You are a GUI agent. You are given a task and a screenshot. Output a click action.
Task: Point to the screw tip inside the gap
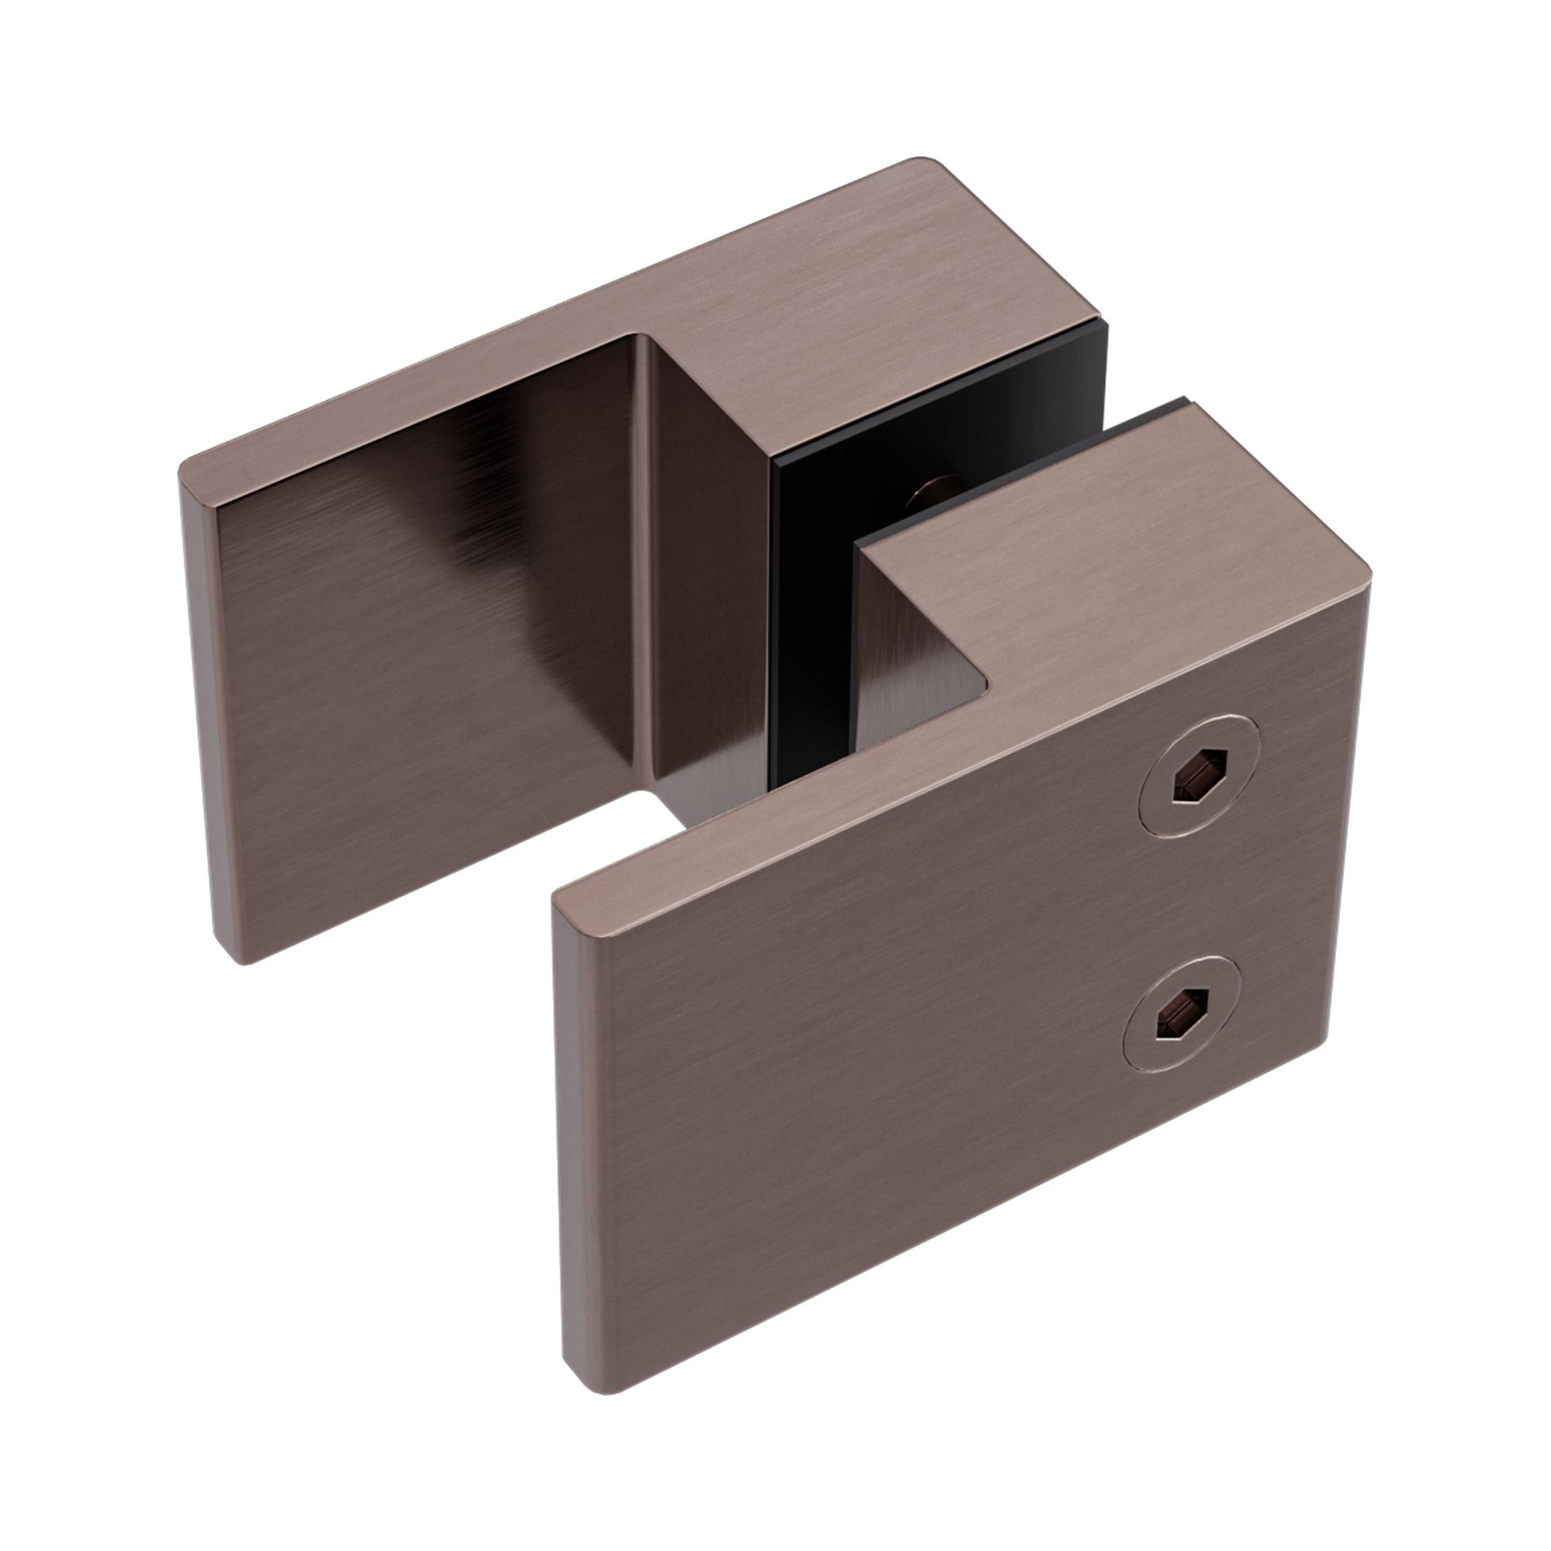click(932, 492)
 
